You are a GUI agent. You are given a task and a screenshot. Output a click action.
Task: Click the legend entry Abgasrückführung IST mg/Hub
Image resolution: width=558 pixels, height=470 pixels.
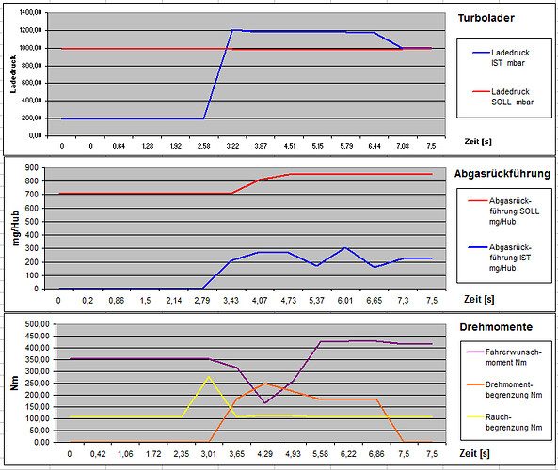[x=505, y=257]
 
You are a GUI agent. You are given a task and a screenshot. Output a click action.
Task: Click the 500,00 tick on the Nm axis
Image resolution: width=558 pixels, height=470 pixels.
[x=39, y=324]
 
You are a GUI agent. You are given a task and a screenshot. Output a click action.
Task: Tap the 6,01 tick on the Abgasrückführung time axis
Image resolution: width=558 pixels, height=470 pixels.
[x=345, y=300]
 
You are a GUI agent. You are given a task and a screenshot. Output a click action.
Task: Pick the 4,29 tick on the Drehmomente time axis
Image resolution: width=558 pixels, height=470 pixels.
[x=265, y=453]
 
